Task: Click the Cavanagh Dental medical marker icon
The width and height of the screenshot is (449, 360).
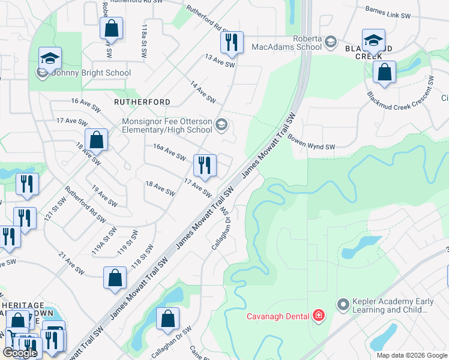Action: coord(318,316)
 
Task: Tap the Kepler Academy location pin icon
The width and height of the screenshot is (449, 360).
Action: coord(343,305)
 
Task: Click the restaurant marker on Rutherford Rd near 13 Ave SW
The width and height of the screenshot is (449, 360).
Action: coord(231,42)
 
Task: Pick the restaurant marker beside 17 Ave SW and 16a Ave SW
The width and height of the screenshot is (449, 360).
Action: coord(205,166)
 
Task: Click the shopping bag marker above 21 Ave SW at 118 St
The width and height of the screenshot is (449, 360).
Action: coord(115,278)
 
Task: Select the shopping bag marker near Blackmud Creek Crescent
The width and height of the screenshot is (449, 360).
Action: coord(384,73)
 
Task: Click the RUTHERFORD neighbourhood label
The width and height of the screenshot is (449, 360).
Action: coord(142,102)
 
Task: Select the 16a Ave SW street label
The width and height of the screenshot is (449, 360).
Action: coord(169,152)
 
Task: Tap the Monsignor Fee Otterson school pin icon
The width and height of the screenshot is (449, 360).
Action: coord(221,125)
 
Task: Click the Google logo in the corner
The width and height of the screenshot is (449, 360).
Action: coord(20,353)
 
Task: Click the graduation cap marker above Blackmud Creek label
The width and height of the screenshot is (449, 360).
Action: coord(373,40)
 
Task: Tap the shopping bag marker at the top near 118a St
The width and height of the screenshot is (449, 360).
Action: coord(111,27)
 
